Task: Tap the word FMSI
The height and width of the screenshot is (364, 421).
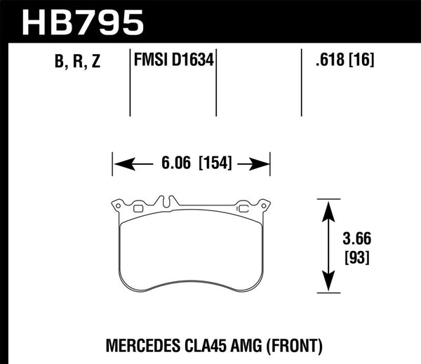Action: click(x=150, y=62)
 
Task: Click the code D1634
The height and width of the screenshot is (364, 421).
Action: click(x=192, y=62)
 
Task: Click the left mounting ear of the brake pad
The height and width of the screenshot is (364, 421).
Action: click(x=119, y=206)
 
